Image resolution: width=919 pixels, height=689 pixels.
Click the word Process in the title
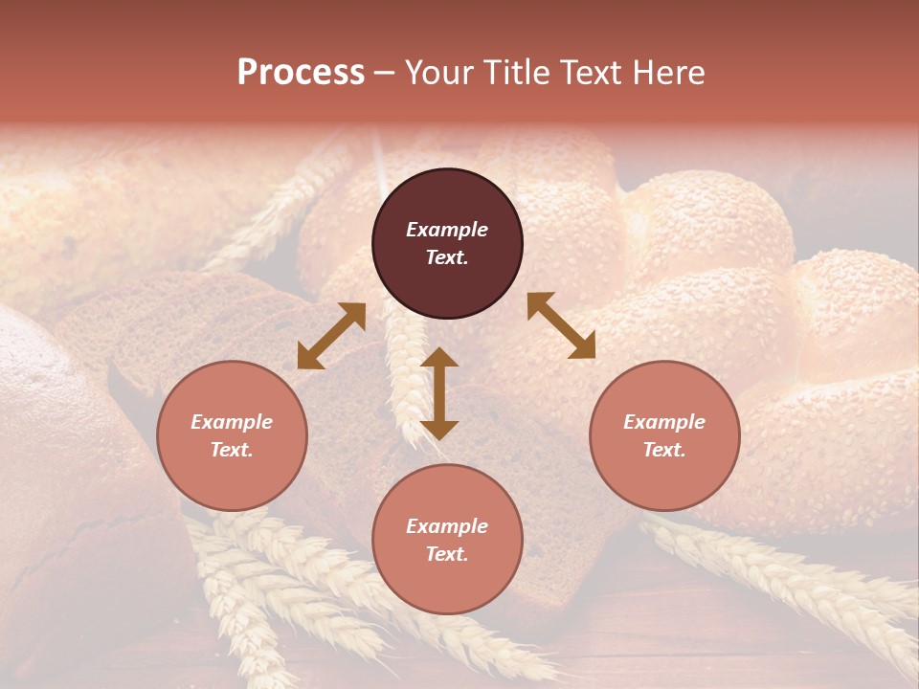[301, 73]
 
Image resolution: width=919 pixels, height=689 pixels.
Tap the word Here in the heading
[669, 73]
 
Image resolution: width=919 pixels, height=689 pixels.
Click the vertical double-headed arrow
[439, 393]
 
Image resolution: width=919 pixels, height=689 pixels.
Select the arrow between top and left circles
[331, 336]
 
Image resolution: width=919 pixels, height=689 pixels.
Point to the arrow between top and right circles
[561, 325]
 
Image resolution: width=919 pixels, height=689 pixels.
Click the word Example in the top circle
[447, 230]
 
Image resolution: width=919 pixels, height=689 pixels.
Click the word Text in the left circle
[232, 450]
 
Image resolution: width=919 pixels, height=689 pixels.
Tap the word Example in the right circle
[664, 422]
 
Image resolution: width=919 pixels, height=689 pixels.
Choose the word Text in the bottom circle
[447, 554]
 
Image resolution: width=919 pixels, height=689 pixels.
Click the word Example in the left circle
[232, 422]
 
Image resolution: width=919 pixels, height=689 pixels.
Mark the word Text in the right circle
[664, 450]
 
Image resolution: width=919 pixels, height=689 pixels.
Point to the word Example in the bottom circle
[447, 526]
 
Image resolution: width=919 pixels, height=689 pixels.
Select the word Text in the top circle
[447, 257]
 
